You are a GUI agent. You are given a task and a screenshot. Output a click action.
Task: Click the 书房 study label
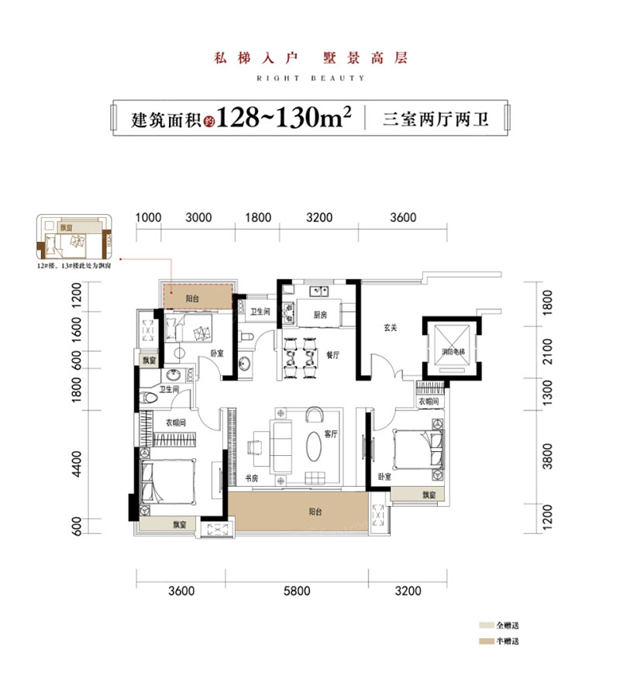click(x=251, y=479)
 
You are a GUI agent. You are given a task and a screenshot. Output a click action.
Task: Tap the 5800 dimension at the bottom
click(x=297, y=591)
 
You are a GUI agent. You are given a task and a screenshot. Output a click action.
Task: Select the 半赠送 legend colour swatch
click(x=487, y=642)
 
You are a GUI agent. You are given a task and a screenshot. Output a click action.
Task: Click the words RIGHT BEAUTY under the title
click(x=309, y=78)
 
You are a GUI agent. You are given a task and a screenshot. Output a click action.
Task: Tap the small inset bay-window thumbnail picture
click(x=72, y=236)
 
